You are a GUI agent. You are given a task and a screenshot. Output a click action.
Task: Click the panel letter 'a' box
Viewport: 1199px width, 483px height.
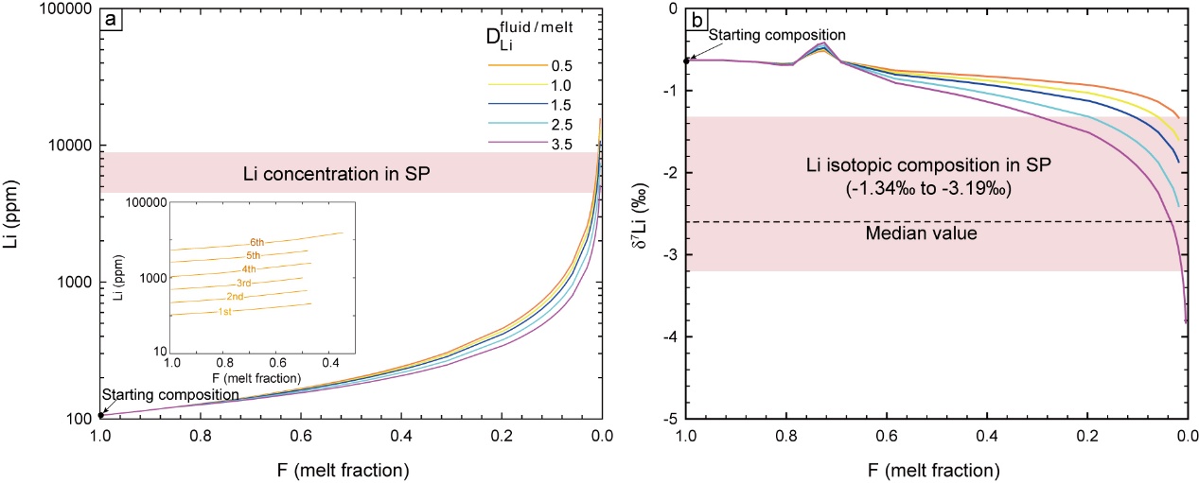[x=113, y=18]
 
